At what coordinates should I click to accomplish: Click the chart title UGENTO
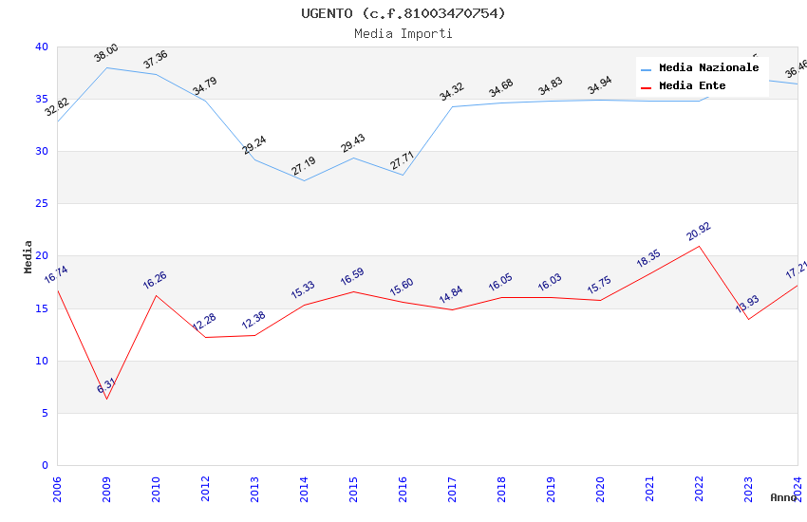point(403,13)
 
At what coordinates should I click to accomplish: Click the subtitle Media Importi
point(403,33)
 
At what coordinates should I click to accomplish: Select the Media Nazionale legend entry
point(708,68)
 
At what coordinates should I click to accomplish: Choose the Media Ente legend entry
point(692,86)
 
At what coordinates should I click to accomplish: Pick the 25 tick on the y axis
point(41,204)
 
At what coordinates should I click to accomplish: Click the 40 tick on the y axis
point(41,47)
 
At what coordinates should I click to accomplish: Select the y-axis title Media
point(28,256)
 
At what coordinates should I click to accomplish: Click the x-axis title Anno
point(783,497)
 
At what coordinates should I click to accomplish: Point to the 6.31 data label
point(106,386)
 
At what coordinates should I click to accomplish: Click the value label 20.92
point(699,232)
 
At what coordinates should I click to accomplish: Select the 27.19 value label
point(304,167)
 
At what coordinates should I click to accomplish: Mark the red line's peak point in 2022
point(699,246)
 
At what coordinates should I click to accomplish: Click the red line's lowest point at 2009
point(106,399)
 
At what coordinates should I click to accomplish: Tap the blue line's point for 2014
point(304,180)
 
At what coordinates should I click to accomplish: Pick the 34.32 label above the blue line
point(452,92)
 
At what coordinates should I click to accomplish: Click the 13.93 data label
point(747,305)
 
